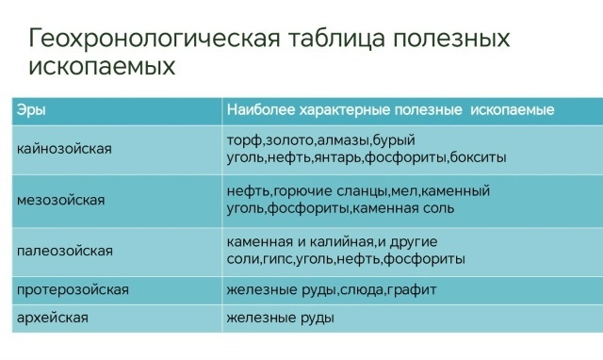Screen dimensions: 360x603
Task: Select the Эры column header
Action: pos(31,110)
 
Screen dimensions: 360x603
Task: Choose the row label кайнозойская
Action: pos(65,149)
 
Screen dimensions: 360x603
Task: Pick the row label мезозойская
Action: pos(61,200)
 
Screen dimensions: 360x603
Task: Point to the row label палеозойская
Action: pos(65,251)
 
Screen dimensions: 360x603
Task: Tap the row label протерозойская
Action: pos(73,289)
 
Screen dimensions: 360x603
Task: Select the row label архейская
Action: pos(53,319)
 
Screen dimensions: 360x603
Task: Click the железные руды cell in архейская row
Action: pos(280,319)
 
